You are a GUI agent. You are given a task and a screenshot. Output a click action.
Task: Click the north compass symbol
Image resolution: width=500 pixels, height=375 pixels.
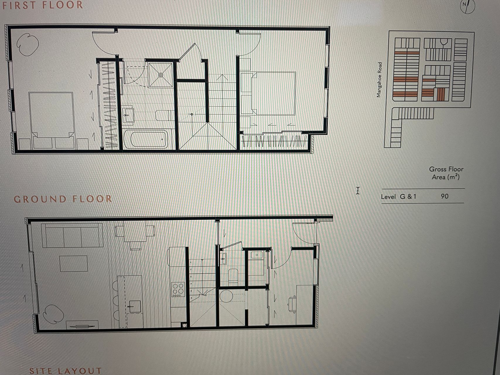(467, 7)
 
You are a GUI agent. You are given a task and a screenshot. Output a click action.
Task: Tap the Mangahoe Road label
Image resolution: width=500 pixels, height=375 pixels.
(379, 80)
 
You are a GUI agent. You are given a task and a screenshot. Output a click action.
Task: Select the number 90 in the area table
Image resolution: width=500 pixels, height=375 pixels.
(444, 196)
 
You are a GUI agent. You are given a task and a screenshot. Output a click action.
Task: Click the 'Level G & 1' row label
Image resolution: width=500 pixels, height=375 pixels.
(398, 197)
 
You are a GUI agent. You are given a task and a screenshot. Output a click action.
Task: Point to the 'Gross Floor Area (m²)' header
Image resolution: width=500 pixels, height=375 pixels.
(446, 173)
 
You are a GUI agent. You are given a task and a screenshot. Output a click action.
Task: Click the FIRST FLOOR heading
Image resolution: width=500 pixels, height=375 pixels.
(43, 5)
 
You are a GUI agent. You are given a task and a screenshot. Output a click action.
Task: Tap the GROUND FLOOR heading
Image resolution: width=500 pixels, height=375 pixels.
(63, 199)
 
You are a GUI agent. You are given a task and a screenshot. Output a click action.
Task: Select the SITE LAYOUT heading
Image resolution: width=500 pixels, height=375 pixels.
(65, 371)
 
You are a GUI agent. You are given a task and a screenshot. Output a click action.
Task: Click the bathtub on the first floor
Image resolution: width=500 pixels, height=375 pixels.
(146, 139)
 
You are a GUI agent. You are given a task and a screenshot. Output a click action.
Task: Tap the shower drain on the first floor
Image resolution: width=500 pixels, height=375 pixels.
(161, 75)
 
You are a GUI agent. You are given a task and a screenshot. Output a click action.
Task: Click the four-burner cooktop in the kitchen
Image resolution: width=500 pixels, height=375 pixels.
(178, 289)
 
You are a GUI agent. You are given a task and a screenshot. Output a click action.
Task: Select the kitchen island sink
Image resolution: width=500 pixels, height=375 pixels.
(134, 307)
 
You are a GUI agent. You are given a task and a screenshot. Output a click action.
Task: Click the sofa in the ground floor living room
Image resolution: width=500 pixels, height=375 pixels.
(72, 236)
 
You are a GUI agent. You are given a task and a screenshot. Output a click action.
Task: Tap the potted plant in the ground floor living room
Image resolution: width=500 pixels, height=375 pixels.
(54, 314)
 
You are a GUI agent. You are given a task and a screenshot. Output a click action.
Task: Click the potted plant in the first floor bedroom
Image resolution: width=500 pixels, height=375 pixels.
(28, 45)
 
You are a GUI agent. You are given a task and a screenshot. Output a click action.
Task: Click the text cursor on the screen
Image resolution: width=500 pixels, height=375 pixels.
(358, 190)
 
